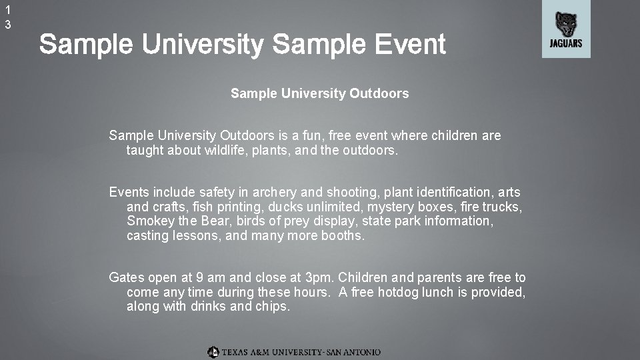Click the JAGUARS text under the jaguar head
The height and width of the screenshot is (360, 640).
[x=566, y=44]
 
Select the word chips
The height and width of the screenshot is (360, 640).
[x=273, y=307]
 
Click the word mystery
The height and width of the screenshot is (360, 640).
[x=386, y=207]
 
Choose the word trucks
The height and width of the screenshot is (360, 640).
[x=499, y=207]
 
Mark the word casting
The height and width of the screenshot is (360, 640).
[x=148, y=235]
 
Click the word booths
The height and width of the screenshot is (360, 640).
[x=343, y=235]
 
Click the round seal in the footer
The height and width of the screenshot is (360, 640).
[x=213, y=351]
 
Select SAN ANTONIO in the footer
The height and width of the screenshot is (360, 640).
[x=353, y=351]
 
